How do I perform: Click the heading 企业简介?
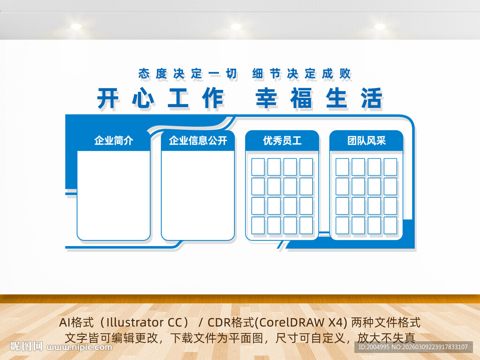tap(113, 140)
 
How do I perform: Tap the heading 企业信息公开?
tap(198, 140)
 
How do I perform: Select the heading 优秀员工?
tap(282, 140)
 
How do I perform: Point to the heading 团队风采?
tap(366, 140)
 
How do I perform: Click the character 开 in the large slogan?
tap(108, 99)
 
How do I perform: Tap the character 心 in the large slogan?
tap(143, 99)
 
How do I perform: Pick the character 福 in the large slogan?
tap(301, 99)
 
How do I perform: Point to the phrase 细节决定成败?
tap(301, 74)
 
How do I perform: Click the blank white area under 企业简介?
tap(113, 195)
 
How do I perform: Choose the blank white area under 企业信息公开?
tap(198, 195)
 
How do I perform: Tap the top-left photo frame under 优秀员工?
tap(258, 167)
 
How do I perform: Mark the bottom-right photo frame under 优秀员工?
tap(306, 225)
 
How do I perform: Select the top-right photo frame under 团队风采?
tap(390, 167)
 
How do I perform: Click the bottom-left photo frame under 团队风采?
tap(342, 225)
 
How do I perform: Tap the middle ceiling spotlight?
tap(236, 27)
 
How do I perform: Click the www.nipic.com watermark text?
tap(80, 347)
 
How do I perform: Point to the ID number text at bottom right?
tap(412, 347)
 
